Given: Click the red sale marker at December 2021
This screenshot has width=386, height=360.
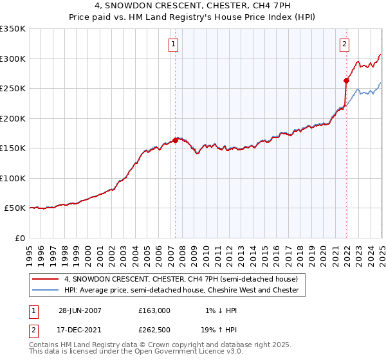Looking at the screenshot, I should click(x=346, y=80).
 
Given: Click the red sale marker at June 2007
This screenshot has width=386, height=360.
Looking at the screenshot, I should click(x=175, y=139).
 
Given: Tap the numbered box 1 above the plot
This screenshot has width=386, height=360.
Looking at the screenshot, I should click(x=174, y=44).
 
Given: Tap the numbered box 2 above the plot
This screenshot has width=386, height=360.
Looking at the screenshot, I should click(x=345, y=44).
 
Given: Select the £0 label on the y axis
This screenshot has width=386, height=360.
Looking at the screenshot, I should click(x=19, y=238).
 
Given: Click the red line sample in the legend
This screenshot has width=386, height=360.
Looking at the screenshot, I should click(x=45, y=280).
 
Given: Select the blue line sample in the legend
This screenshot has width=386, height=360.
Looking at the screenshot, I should click(x=45, y=291).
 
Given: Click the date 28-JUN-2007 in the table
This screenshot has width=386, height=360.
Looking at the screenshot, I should click(x=80, y=310).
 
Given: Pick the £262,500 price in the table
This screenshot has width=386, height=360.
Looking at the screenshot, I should click(x=154, y=330).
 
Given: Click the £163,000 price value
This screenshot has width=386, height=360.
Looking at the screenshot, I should click(x=154, y=310).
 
